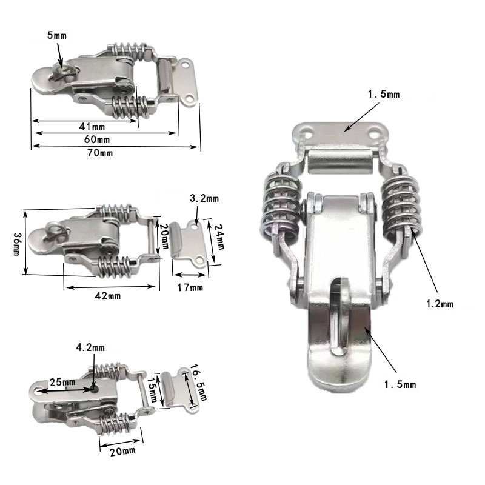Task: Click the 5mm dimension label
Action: click(57, 35)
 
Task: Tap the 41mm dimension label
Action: click(92, 127)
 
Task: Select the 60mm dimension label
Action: click(97, 139)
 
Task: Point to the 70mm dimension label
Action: click(100, 153)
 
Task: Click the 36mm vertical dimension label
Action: click(17, 244)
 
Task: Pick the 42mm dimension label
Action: click(108, 296)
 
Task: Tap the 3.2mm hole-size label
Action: click(204, 198)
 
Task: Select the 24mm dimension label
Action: click(219, 237)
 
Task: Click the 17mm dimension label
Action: click(190, 287)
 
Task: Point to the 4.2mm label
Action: click(90, 347)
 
